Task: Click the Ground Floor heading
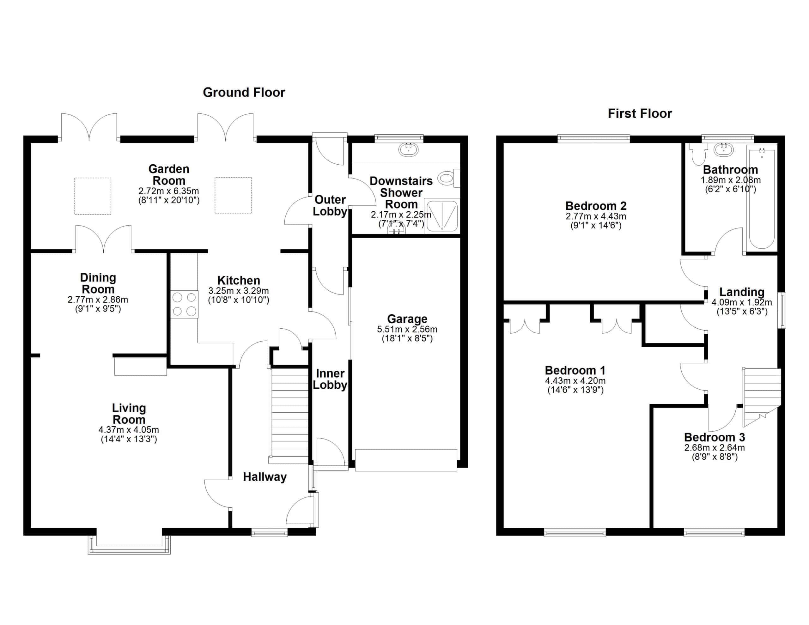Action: tap(244, 92)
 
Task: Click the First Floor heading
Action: tap(640, 113)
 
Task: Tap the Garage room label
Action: tap(407, 319)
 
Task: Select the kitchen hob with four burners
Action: tap(184, 304)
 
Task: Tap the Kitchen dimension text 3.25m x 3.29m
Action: tap(239, 291)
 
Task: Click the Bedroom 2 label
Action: tap(596, 206)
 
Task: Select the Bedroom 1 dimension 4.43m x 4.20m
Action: tap(575, 381)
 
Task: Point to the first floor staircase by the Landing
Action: tap(761, 397)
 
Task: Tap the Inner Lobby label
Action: tap(330, 379)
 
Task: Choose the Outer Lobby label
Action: tap(330, 205)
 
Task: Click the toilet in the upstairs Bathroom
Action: tap(698, 155)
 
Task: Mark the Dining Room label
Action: tap(98, 283)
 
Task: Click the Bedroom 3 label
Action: tap(715, 437)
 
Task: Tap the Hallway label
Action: tap(265, 477)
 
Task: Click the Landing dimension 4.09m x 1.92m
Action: tap(742, 302)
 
